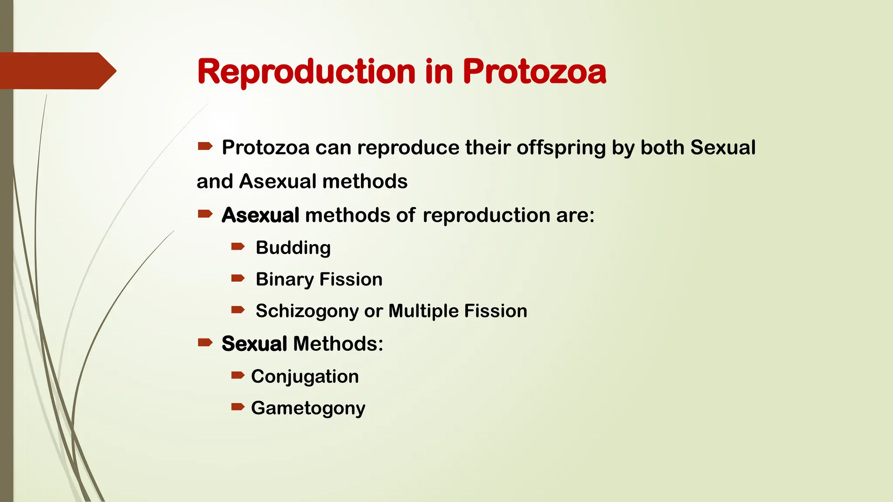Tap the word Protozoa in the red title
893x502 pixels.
pyautogui.click(x=534, y=72)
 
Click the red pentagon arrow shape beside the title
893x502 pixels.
pyautogui.click(x=57, y=71)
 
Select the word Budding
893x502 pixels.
pyautogui.click(x=293, y=248)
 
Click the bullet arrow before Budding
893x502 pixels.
pyautogui.click(x=238, y=247)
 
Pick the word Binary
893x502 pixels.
pyautogui.click(x=284, y=280)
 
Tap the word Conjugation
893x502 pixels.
pyautogui.click(x=305, y=377)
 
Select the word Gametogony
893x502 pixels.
pyautogui.click(x=308, y=409)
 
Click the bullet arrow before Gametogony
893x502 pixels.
pyautogui.click(x=238, y=407)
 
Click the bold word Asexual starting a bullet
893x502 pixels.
pyautogui.click(x=260, y=215)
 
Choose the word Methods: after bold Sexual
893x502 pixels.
pyautogui.click(x=338, y=344)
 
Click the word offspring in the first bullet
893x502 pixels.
pyautogui.click(x=561, y=148)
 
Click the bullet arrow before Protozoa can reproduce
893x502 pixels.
pyautogui.click(x=205, y=146)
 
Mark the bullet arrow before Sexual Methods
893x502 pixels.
pyautogui.click(x=205, y=342)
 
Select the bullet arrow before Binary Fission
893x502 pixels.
pyautogui.click(x=238, y=278)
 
